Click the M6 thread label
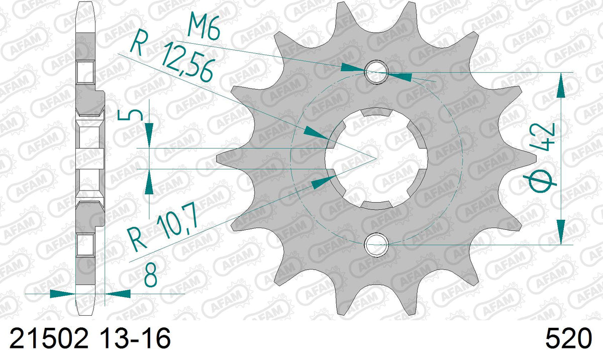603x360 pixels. tap(204, 26)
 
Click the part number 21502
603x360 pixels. tap(49, 338)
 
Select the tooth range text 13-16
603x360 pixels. tap(135, 338)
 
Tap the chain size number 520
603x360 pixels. tap(569, 338)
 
